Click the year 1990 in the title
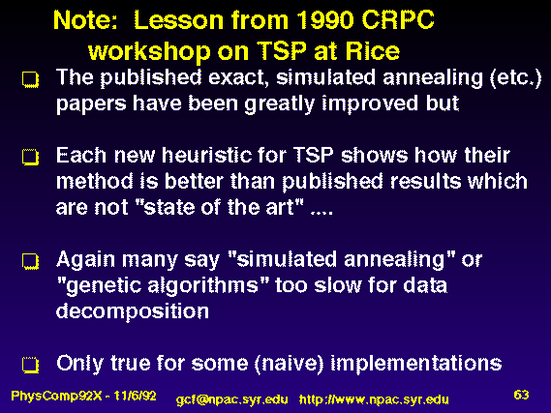pos(324,20)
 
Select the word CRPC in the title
pos(398,20)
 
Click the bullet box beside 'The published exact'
pos(31,79)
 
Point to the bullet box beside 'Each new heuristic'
pos(31,157)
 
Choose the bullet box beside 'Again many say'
pos(31,261)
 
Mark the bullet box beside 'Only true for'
pos(31,365)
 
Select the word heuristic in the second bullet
pos(207,155)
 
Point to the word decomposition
pos(133,311)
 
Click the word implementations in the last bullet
pos(416,364)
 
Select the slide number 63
pos(521,395)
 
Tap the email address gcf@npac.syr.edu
pos(232,400)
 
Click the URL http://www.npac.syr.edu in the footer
pos(374,400)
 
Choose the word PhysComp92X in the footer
pos(56,397)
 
